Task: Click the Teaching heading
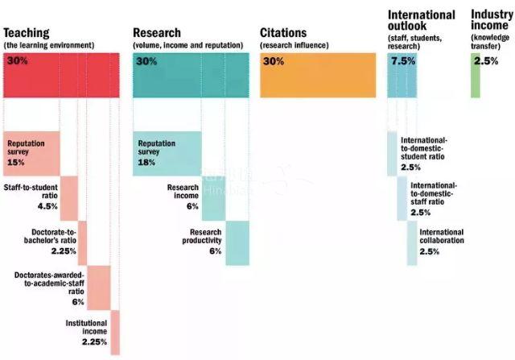(27, 33)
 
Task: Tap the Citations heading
(283, 33)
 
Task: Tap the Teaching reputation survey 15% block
(31, 152)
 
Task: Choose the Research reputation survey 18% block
(167, 152)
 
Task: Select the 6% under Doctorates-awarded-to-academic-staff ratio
(78, 301)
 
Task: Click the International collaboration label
(442, 237)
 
